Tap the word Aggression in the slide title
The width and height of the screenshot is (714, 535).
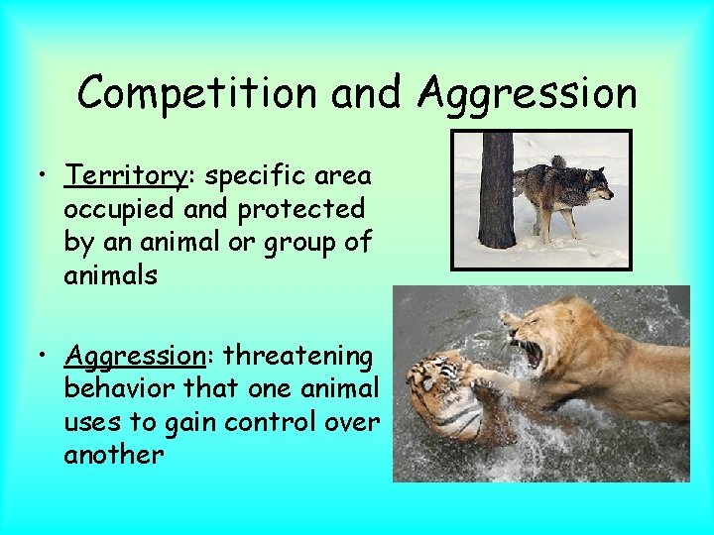[528, 94]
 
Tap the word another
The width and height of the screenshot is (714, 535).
[114, 455]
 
